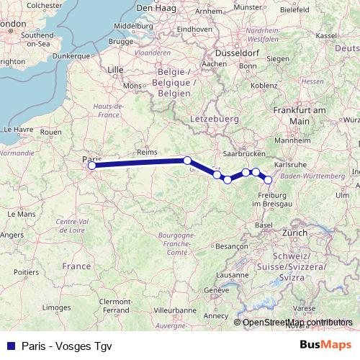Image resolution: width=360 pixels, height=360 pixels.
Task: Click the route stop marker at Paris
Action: [x=91, y=166]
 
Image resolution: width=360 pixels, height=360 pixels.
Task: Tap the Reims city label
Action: [x=146, y=153]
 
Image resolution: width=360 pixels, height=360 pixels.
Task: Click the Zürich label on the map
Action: [x=294, y=233]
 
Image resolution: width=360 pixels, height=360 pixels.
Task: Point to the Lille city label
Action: [x=115, y=70]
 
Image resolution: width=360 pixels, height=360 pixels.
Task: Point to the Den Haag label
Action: [x=172, y=8]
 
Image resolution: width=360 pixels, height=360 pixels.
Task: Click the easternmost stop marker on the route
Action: [x=269, y=180]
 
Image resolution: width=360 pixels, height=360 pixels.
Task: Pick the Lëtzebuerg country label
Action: [x=213, y=117]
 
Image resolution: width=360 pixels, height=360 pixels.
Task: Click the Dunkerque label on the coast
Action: [x=75, y=55]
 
